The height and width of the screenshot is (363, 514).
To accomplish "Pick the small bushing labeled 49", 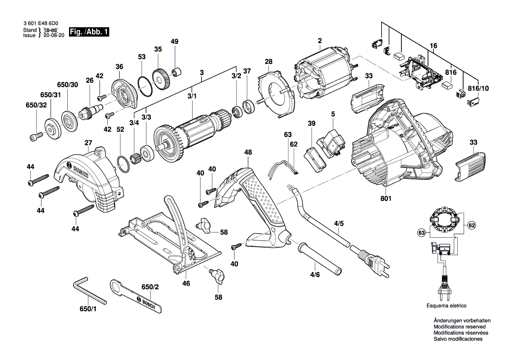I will (x=177, y=71).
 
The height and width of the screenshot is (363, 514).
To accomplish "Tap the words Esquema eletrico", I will (x=446, y=305).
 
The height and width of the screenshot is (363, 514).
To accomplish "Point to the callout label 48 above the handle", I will (x=248, y=152).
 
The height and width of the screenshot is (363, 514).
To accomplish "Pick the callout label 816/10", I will (x=478, y=88).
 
